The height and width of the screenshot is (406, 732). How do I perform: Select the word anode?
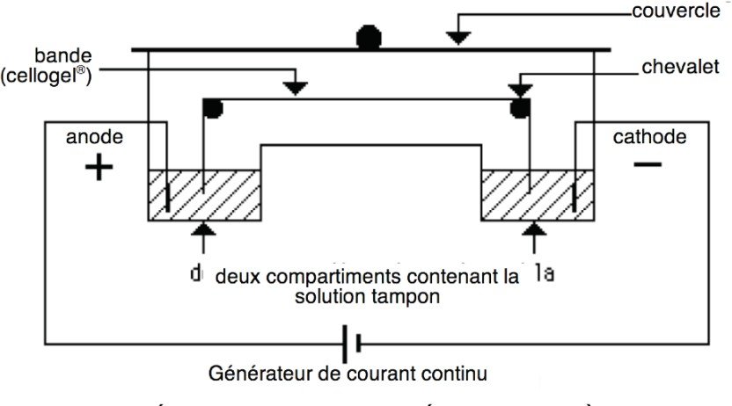(95, 137)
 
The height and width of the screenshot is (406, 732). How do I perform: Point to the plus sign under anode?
(99, 167)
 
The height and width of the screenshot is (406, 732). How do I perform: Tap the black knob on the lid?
(369, 38)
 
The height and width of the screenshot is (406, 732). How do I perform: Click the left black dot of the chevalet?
(212, 108)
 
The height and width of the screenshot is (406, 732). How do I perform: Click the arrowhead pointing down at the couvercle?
(457, 37)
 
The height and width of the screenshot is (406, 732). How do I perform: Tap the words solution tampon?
(367, 297)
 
